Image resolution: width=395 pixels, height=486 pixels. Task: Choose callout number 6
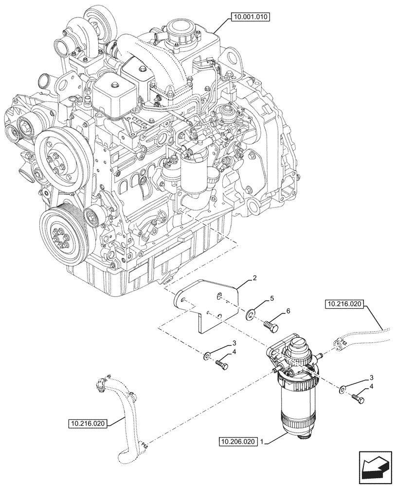pyautogui.click(x=287, y=310)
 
